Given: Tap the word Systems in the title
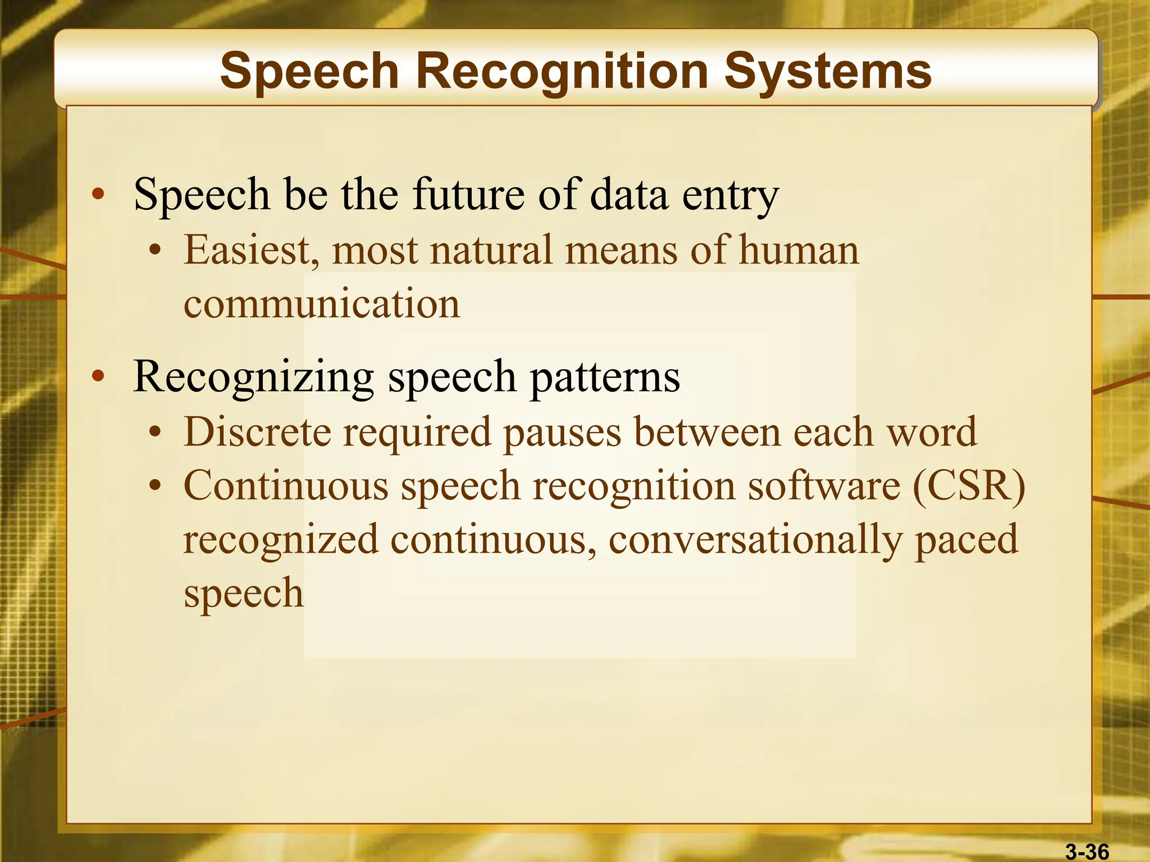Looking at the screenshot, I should click(x=828, y=72).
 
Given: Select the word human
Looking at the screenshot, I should click(x=798, y=250).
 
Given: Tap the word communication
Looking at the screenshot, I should click(x=322, y=304).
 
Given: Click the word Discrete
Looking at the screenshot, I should click(x=257, y=432).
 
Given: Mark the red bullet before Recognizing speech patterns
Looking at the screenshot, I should click(x=98, y=377).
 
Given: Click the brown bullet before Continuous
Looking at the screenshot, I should click(x=156, y=486).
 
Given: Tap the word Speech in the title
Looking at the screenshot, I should click(x=309, y=72).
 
